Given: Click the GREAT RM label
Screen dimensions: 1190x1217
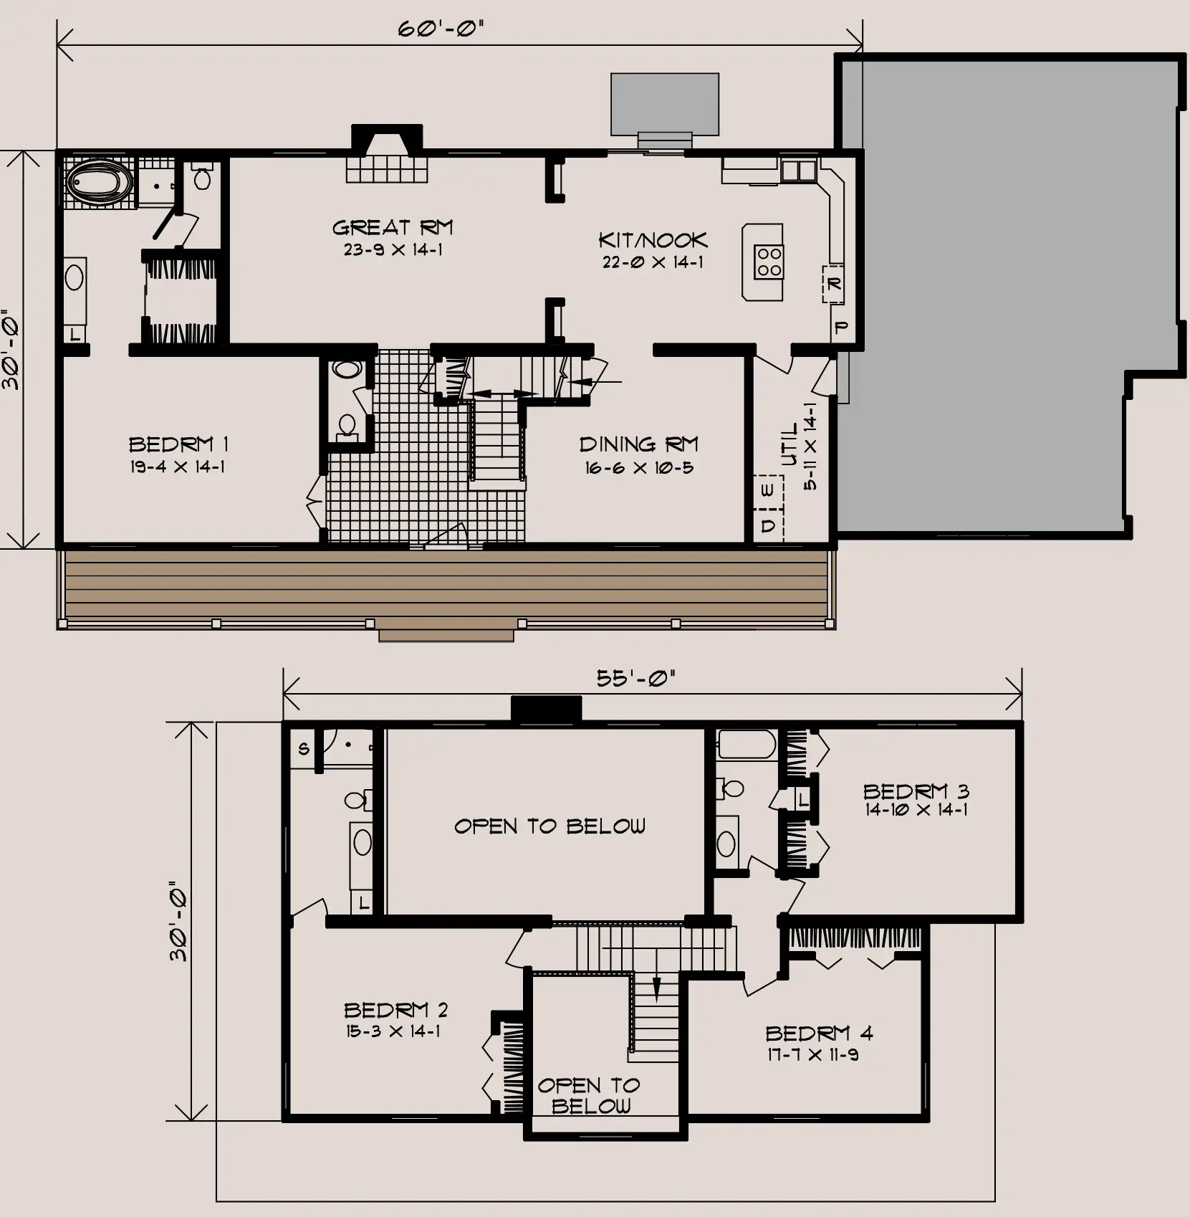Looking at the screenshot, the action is [393, 228].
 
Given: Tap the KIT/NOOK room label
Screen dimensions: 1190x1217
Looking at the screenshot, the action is [653, 240].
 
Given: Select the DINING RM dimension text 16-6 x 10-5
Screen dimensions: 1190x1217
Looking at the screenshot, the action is [639, 468].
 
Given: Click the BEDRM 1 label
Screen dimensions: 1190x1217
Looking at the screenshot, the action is [178, 444].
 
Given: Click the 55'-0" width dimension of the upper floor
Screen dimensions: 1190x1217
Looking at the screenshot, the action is [636, 678].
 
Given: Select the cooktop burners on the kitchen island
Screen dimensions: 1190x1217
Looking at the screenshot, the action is [769, 262].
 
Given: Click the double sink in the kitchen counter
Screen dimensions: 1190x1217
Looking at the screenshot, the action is [798, 170].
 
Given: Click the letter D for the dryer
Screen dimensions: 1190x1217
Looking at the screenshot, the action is [768, 525].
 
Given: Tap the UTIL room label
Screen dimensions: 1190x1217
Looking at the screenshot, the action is [790, 445].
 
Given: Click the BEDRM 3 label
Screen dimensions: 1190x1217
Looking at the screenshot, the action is [916, 791].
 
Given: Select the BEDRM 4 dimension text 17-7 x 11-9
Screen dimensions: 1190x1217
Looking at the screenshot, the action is [812, 1054].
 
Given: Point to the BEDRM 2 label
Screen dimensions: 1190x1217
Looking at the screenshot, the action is [396, 1010].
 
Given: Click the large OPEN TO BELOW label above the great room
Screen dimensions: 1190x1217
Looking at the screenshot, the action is [550, 826].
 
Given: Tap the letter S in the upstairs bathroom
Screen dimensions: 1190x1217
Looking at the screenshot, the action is [304, 749].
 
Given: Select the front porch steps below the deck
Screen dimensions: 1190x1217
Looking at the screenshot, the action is [446, 635].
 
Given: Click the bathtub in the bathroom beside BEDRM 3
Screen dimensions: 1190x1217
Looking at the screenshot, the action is [747, 744].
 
